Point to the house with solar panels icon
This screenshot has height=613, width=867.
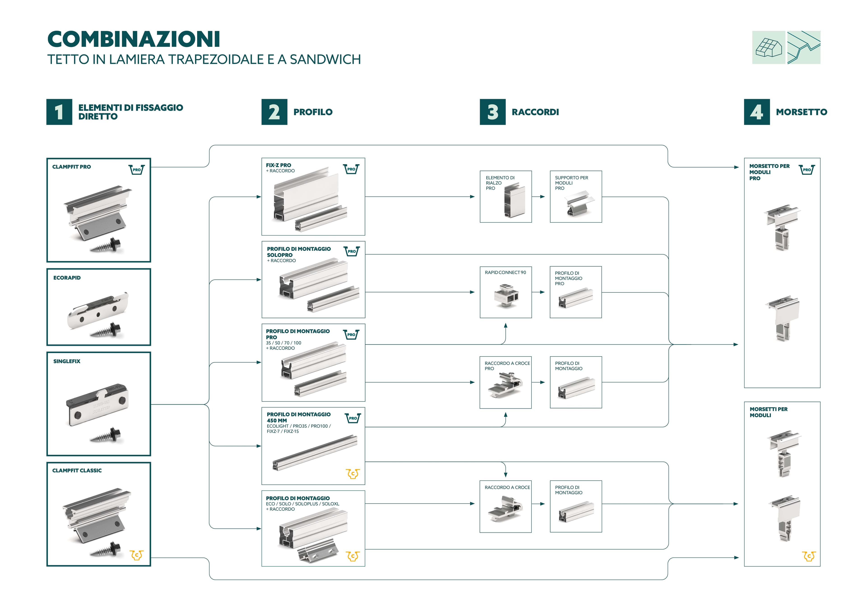click(x=768, y=48)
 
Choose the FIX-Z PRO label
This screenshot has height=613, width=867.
click(x=278, y=165)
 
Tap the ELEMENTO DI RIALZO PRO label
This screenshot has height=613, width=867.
click(x=500, y=183)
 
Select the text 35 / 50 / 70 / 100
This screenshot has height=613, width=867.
click(x=284, y=343)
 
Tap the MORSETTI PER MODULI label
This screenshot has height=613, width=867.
click(x=768, y=412)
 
